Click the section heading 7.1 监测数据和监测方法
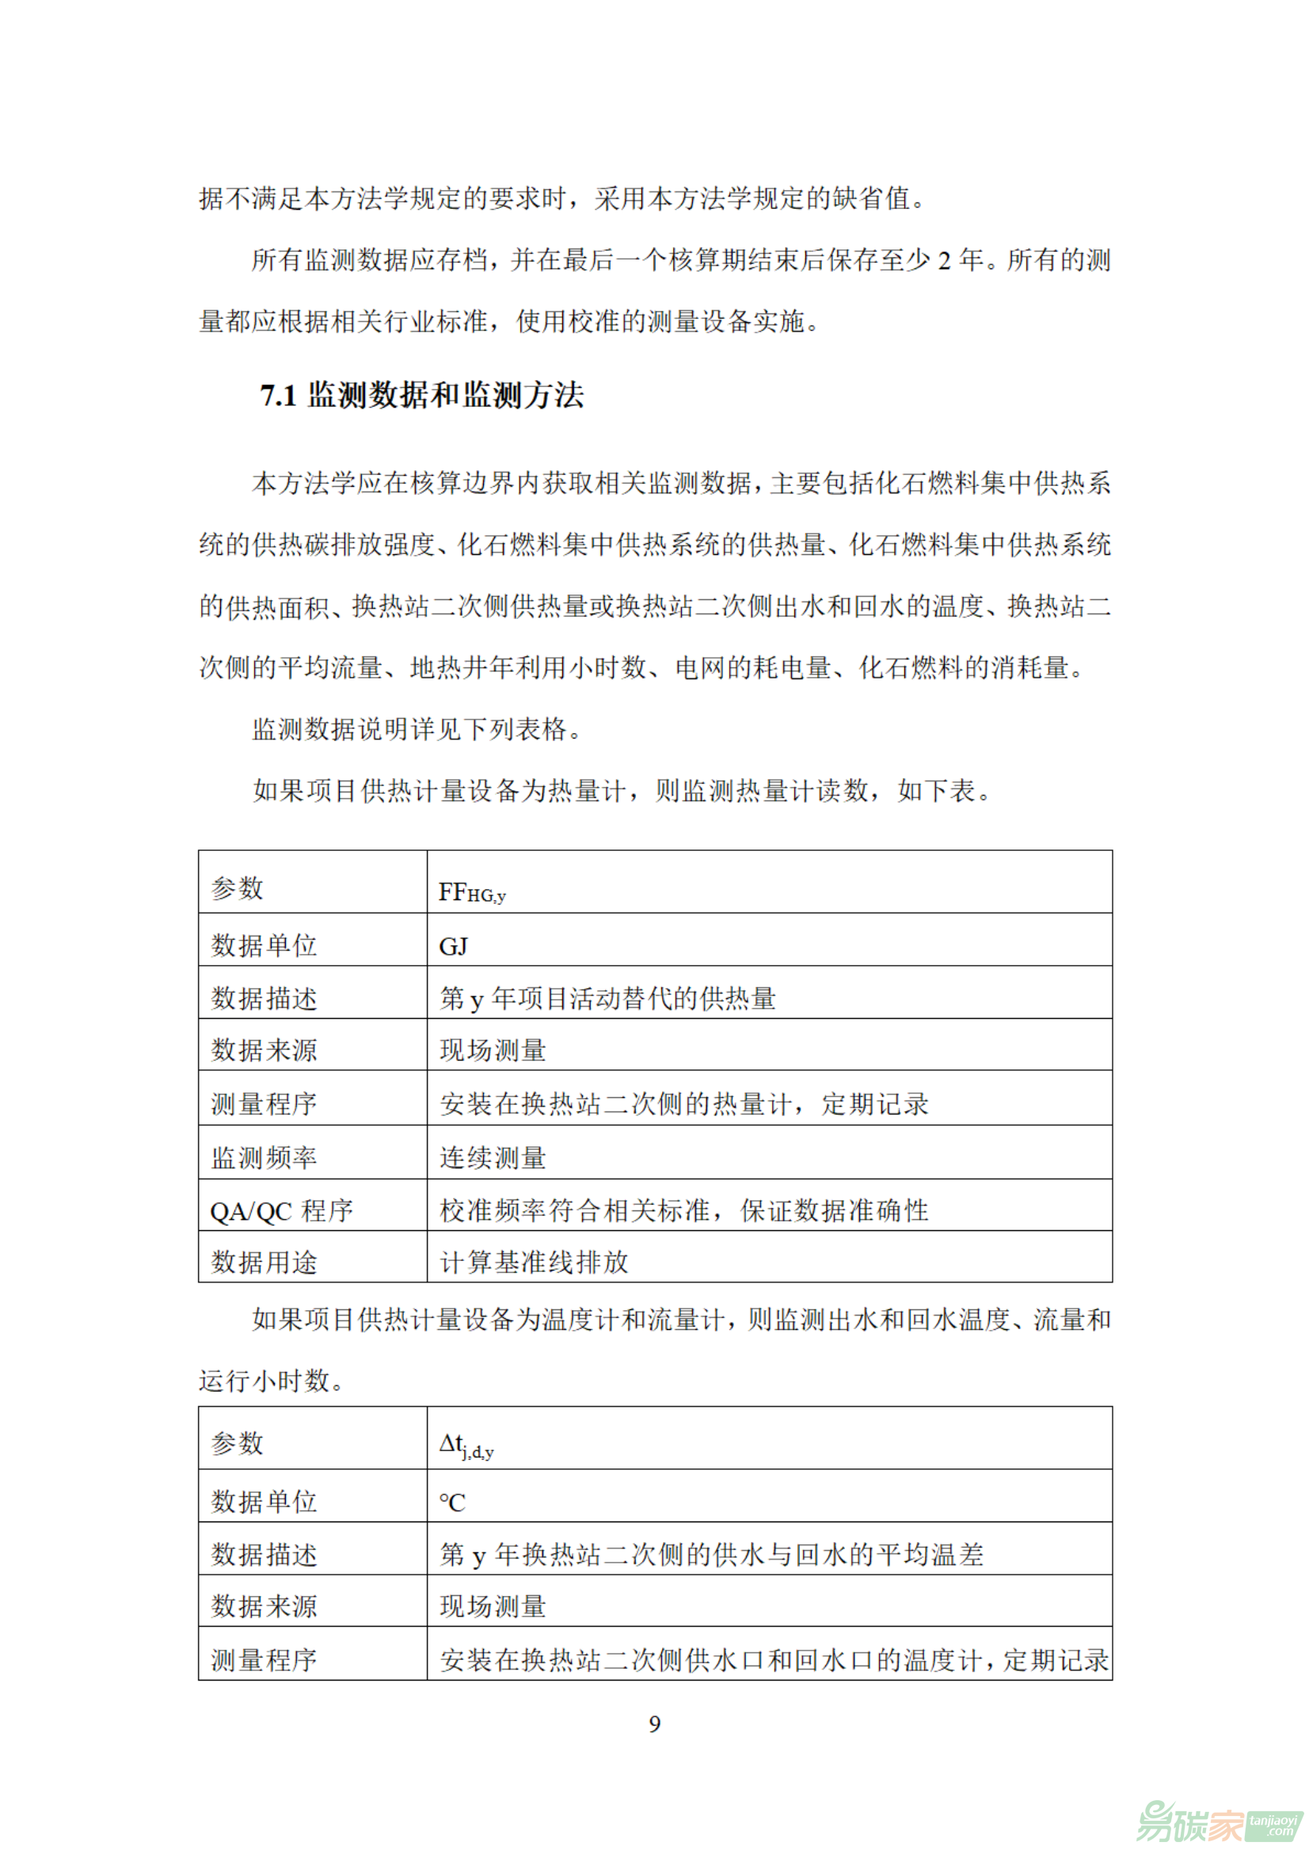pyautogui.click(x=421, y=396)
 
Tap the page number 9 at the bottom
pyautogui.click(x=654, y=1723)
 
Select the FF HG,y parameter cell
pyautogui.click(x=472, y=892)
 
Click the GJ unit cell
pyautogui.click(x=453, y=946)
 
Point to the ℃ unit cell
pyautogui.click(x=452, y=1502)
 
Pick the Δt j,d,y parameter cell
pyautogui.click(x=466, y=1445)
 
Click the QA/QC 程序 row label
pyautogui.click(x=281, y=1210)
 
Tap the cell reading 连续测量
pyautogui.click(x=493, y=1158)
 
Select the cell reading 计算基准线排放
pyautogui.click(x=534, y=1262)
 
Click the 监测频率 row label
pyautogui.click(x=264, y=1158)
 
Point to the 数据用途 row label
pyautogui.click(x=264, y=1262)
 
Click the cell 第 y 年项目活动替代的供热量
pyautogui.click(x=607, y=998)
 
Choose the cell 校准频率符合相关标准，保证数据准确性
pyautogui.click(x=683, y=1210)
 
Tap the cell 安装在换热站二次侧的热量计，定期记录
pyautogui.click(x=683, y=1104)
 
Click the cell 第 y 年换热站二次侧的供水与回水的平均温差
pyautogui.click(x=711, y=1554)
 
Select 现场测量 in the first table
pyautogui.click(x=493, y=1050)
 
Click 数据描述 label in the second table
pyautogui.click(x=264, y=1554)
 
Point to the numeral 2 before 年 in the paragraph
pyautogui.click(x=944, y=260)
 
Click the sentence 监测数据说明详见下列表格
pyautogui.click(x=417, y=729)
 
